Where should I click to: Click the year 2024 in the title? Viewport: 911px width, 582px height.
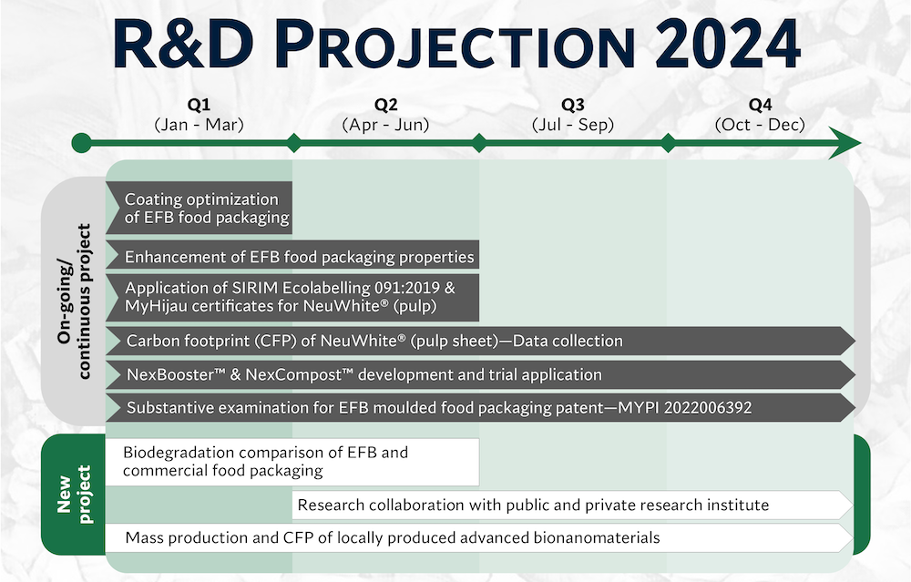[729, 45]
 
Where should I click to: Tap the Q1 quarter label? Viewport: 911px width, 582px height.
[199, 105]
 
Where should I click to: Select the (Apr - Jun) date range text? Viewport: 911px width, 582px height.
[385, 125]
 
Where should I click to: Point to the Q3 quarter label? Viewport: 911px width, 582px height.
[573, 105]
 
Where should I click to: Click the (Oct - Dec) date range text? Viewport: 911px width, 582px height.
[760, 125]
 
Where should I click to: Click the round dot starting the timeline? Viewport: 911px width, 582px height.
[81, 143]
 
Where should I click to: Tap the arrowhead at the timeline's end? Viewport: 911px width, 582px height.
[844, 143]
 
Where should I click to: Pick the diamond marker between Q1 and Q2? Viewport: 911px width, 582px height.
[294, 143]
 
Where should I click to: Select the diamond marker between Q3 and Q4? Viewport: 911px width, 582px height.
[668, 143]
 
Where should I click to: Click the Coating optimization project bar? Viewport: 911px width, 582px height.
[199, 208]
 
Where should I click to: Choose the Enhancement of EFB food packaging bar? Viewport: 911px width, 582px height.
[292, 257]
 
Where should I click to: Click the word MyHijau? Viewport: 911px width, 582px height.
[156, 306]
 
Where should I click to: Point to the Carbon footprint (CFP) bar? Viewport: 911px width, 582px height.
[480, 341]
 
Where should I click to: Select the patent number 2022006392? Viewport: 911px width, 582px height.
[708, 408]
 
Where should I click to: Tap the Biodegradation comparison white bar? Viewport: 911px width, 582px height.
[292, 462]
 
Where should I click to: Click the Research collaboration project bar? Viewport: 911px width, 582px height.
[573, 505]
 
